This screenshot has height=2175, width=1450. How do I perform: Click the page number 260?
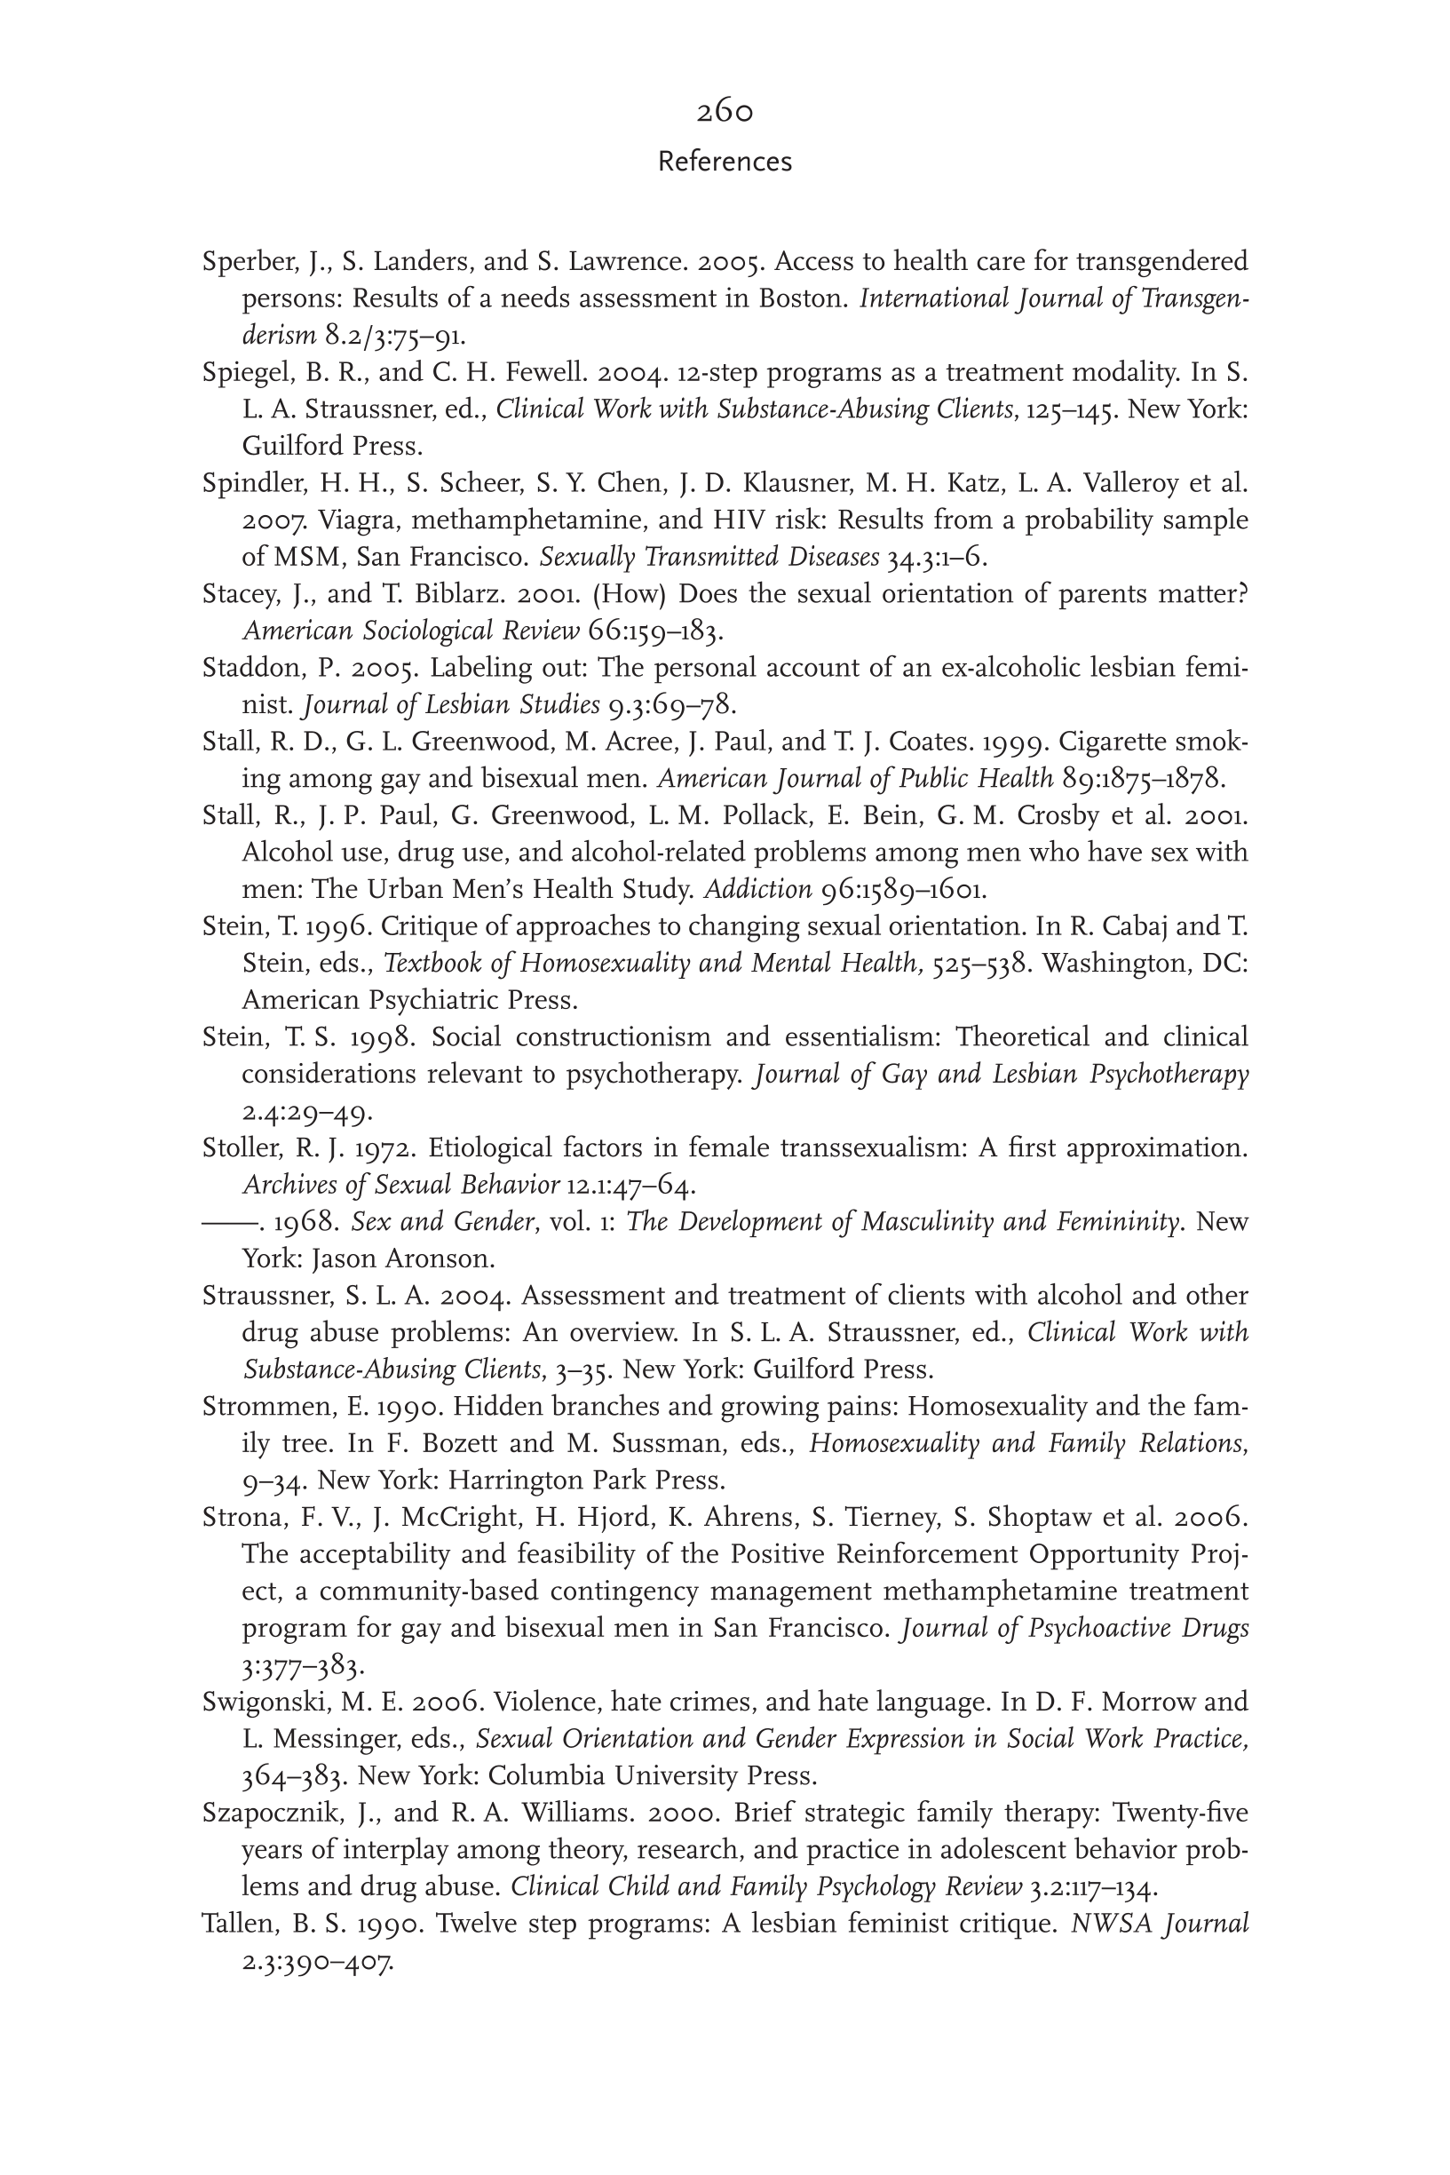click(x=724, y=112)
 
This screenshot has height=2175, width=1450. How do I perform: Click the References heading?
click(x=724, y=162)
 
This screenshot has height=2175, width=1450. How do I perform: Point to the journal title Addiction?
click(x=757, y=890)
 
